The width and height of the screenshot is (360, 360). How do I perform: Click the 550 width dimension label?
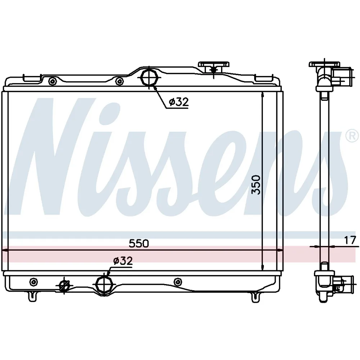[x=139, y=243]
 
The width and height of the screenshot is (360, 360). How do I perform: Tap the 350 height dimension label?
[x=256, y=185]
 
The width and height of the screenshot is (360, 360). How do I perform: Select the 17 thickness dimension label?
[x=350, y=240]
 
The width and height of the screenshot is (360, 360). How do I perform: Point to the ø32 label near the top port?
[x=179, y=102]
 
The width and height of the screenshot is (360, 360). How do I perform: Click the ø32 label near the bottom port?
[x=123, y=261]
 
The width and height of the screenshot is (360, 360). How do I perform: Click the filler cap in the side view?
[x=324, y=64]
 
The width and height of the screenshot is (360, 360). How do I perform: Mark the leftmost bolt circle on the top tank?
[x=53, y=81]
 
